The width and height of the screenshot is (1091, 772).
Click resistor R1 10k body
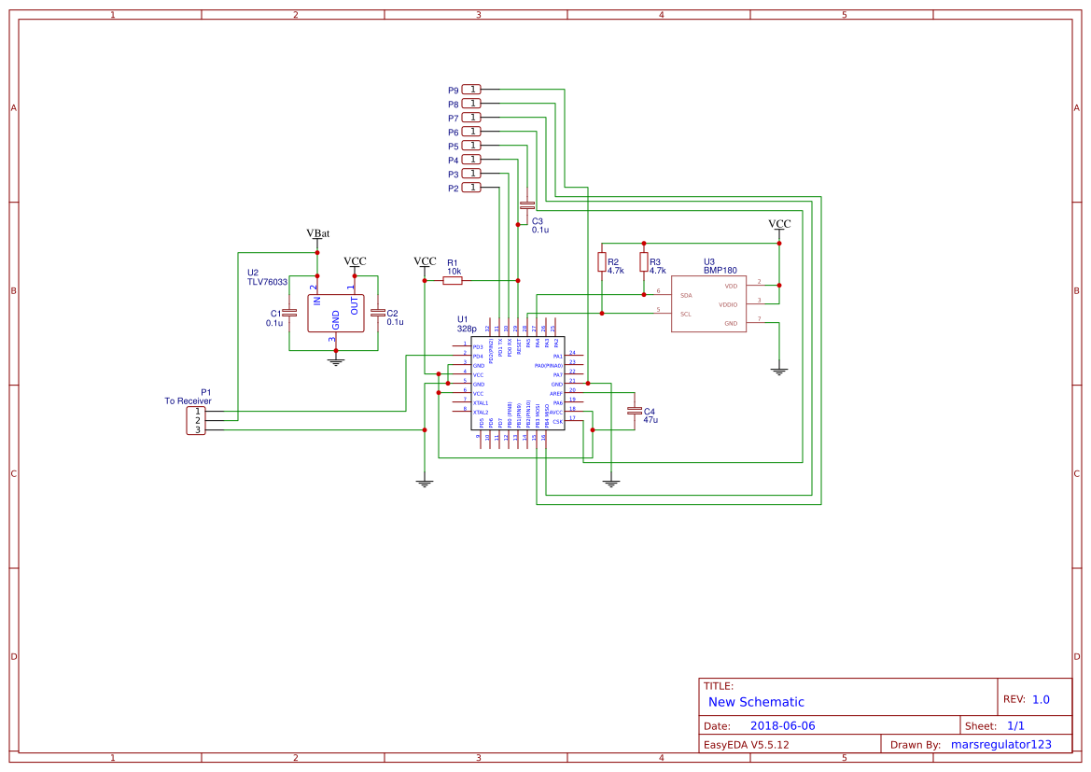pyautogui.click(x=453, y=280)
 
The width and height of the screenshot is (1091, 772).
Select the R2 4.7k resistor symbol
pyautogui.click(x=602, y=262)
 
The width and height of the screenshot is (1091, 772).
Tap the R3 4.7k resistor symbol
pyautogui.click(x=643, y=262)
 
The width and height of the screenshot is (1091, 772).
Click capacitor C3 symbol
pyautogui.click(x=527, y=204)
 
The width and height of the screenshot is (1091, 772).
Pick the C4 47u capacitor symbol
pyautogui.click(x=635, y=411)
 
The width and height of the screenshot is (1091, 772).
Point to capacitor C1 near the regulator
pyautogui.click(x=289, y=313)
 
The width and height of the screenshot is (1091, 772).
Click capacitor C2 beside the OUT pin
pyautogui.click(x=378, y=313)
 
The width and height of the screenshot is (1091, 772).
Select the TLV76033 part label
pyautogui.click(x=267, y=281)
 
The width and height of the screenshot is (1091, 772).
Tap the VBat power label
pyautogui.click(x=317, y=233)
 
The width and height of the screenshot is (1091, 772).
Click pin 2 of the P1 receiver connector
pyautogui.click(x=197, y=421)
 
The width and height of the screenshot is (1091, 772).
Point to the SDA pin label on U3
pyautogui.click(x=686, y=295)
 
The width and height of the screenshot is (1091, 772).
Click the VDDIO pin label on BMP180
pyautogui.click(x=728, y=304)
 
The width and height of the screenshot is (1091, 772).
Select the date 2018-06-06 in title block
pyautogui.click(x=782, y=725)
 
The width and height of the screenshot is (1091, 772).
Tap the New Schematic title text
pyautogui.click(x=756, y=702)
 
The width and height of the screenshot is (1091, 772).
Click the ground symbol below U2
pyautogui.click(x=336, y=360)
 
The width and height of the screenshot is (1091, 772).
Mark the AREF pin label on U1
pyautogui.click(x=556, y=394)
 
